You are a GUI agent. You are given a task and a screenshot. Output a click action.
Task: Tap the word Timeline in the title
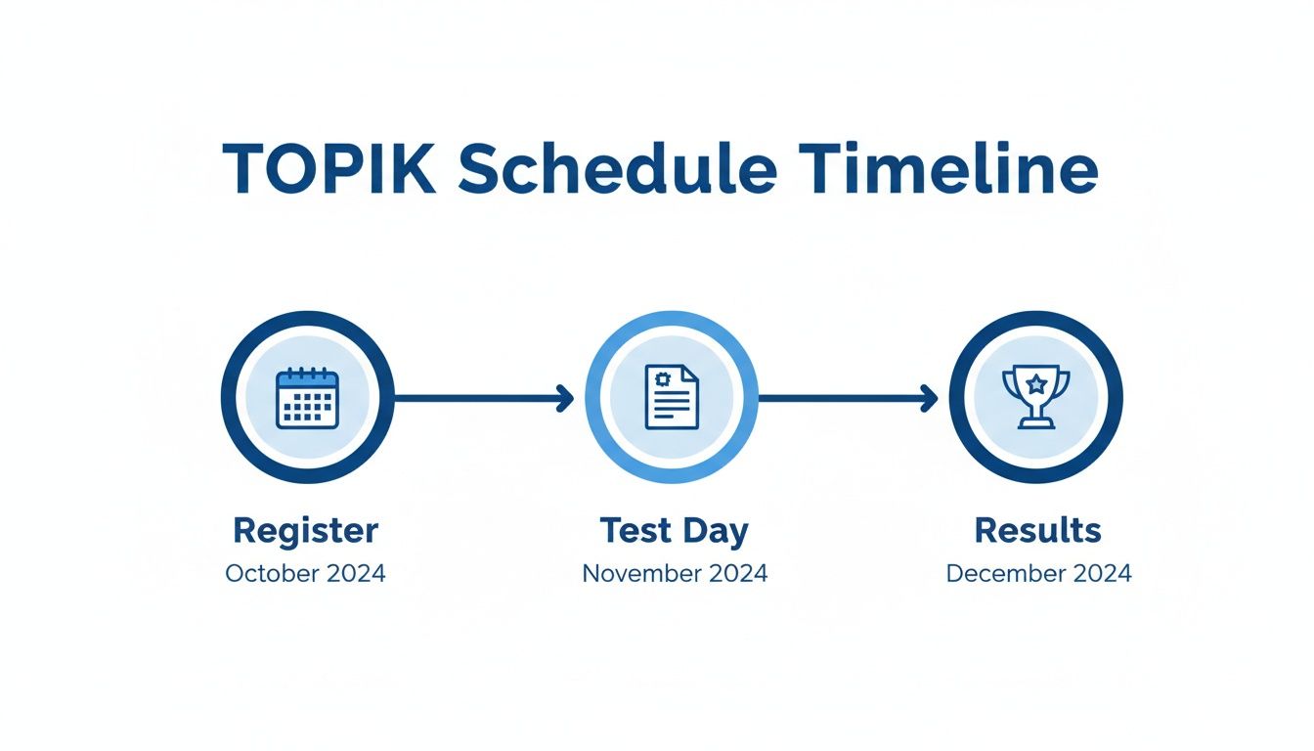[x=947, y=170]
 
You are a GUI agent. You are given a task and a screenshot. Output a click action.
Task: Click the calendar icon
[x=307, y=398]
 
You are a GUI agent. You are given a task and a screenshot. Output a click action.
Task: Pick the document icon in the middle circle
[x=672, y=397]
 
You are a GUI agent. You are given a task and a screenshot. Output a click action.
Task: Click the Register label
[x=305, y=531]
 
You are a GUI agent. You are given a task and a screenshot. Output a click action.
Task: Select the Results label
[x=1037, y=531]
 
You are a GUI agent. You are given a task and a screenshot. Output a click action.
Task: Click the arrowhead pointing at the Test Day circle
[x=564, y=397]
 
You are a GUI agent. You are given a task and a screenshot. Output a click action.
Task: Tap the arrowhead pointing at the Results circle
[x=929, y=397]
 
